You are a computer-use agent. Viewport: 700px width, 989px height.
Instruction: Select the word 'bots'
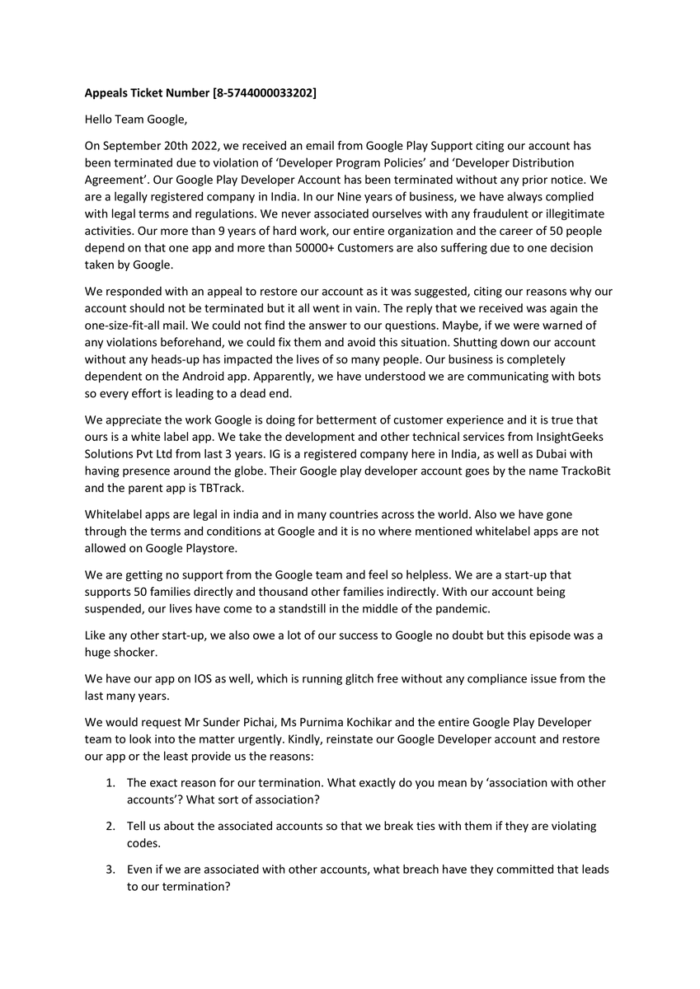click(590, 377)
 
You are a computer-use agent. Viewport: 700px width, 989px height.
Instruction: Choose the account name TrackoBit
click(581, 471)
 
